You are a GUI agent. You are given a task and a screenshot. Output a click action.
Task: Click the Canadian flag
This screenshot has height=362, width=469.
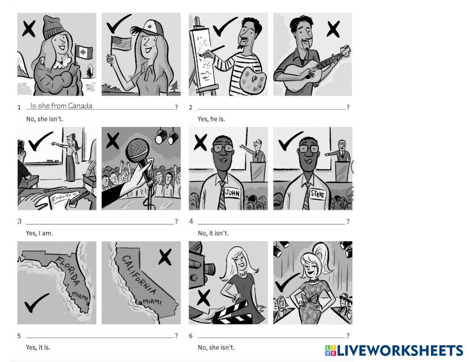coord(84,53)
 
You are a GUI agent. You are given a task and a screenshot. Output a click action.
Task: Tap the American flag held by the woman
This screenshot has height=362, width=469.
coord(121,44)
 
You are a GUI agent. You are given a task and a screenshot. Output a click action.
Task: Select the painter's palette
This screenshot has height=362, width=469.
coord(253,79)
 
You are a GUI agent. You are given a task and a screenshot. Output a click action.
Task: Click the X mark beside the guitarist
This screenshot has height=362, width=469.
coord(333,29)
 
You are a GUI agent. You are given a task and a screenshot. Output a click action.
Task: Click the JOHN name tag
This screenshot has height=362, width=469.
coord(232,193)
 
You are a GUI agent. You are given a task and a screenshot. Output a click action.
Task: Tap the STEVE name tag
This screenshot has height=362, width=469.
coord(317,195)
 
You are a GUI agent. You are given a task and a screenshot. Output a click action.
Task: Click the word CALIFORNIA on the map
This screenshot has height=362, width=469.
coord(139,275)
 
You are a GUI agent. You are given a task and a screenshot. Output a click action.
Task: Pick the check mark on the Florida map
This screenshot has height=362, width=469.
coord(36,302)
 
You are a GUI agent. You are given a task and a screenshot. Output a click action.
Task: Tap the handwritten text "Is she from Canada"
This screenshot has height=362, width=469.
coord(62,106)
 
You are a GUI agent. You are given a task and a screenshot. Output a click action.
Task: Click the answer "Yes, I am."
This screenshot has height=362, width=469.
coord(39,233)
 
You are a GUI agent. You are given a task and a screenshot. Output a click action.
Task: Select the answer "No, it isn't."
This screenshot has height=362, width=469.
coord(213,233)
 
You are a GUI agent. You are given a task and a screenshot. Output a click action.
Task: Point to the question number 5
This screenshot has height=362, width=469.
coord(19,336)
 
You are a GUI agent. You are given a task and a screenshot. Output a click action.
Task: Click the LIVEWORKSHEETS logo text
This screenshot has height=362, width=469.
coord(400,350)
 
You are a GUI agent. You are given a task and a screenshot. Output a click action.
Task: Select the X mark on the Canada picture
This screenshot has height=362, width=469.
coord(29,29)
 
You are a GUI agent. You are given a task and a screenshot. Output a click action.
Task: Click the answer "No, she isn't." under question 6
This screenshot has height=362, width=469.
coord(216,347)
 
